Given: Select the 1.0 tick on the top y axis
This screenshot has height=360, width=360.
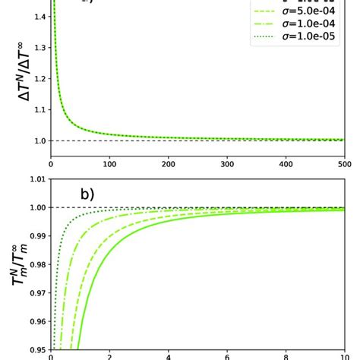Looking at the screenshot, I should (39, 141).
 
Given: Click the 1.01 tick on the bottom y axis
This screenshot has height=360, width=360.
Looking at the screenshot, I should (35, 179).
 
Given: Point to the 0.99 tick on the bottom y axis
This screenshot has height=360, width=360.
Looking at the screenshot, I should (35, 235).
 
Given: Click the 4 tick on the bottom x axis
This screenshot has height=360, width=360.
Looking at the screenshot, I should (169, 355).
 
